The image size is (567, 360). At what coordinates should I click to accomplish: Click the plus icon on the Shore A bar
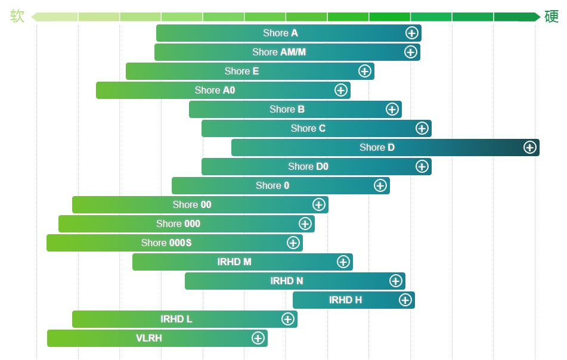point(411,33)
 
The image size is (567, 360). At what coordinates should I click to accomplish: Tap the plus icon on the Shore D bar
point(529,147)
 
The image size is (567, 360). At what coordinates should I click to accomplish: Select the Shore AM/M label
point(279,52)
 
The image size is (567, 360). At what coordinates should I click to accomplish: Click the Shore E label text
point(241,71)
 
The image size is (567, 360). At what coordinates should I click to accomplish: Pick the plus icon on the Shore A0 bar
point(340,90)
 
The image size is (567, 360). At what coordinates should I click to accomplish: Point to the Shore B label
point(287,109)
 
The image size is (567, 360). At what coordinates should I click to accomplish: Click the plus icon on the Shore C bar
point(422,128)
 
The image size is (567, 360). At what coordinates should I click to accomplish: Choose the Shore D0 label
point(308,166)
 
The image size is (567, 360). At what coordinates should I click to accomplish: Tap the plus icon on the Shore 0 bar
point(380,185)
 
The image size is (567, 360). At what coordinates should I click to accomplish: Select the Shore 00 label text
point(192,204)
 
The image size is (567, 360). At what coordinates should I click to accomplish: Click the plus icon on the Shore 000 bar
point(305,224)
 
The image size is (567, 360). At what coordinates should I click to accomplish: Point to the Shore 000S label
point(166,243)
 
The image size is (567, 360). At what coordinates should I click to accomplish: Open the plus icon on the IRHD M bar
point(343,262)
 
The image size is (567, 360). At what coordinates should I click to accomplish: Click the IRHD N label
point(286,281)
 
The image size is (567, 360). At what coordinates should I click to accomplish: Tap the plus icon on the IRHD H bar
point(405,300)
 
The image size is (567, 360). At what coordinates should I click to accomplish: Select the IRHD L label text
point(176,319)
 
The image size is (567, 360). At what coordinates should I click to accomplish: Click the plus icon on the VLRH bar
point(258,338)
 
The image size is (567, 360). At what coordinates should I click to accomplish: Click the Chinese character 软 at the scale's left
point(17,16)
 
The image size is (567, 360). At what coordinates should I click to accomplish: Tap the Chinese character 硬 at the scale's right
point(551,16)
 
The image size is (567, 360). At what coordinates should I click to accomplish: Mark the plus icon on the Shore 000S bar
point(293,243)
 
